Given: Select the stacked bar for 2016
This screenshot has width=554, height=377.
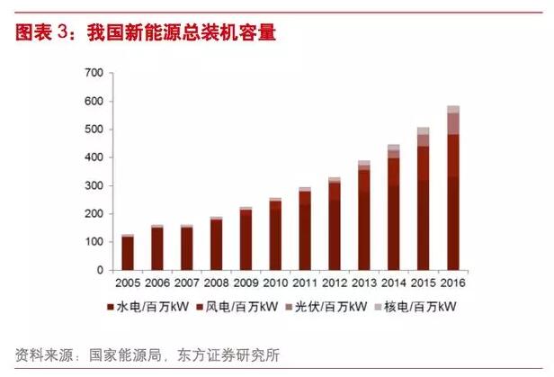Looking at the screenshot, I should pos(453,189).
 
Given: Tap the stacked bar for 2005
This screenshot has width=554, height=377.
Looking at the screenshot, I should pos(128,253).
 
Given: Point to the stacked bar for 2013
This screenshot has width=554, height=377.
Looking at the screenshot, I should pos(364,217).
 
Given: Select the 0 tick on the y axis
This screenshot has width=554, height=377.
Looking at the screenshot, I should pos(99,270).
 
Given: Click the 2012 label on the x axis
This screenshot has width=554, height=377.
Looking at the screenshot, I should pos(335,281).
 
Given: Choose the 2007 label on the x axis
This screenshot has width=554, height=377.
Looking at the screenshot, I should pos(187,281).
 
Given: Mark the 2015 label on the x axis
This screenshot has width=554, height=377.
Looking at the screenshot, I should pos(424,281).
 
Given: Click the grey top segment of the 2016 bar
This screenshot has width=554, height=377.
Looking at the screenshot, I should pos(453,109).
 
